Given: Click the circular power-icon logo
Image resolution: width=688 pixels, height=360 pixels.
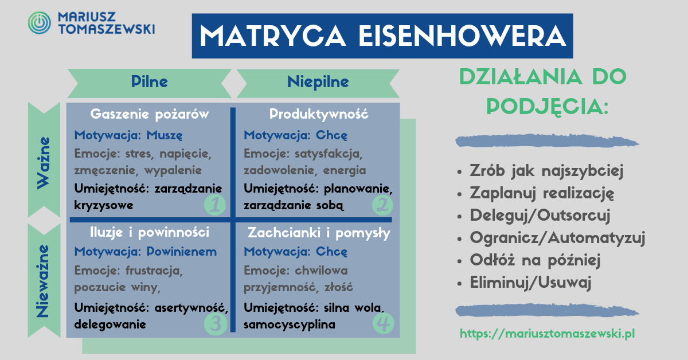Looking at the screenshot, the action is coord(40,23).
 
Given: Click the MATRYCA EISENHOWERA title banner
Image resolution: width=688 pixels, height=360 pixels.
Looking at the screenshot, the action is coord(382,36).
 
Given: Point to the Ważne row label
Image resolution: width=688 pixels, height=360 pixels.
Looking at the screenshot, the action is coord(44,160).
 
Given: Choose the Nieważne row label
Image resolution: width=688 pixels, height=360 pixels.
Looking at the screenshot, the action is coord(44,280).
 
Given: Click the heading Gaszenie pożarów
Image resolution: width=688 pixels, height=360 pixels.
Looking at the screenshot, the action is coord(150,114).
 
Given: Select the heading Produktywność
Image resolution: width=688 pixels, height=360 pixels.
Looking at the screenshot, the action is coord(319,114).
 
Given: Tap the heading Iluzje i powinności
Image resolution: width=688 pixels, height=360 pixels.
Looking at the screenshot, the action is coord(150,233).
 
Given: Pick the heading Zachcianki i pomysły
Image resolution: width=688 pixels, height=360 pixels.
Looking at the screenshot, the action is coord(319,233).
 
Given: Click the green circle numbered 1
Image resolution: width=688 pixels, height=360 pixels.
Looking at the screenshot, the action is coord(215,205).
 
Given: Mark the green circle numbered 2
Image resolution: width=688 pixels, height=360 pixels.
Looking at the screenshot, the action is coord(382,205).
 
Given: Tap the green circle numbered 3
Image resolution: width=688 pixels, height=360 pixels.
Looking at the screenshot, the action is coord(216,323).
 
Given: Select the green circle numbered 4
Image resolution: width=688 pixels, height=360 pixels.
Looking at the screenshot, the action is coord(384,323).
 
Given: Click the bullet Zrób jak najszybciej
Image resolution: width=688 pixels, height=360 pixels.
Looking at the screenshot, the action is coord(546,170).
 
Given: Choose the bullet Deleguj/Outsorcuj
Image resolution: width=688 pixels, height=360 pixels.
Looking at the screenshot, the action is coord(540,216).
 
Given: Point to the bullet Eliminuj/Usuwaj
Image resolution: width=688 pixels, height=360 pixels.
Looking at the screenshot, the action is coord(530,282).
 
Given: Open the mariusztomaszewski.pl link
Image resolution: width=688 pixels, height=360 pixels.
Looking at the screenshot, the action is coord(548,334).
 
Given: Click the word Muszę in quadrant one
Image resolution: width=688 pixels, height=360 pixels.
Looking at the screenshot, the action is coord(165,135).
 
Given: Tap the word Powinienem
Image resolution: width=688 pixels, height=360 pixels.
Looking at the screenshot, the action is coord(182,252).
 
